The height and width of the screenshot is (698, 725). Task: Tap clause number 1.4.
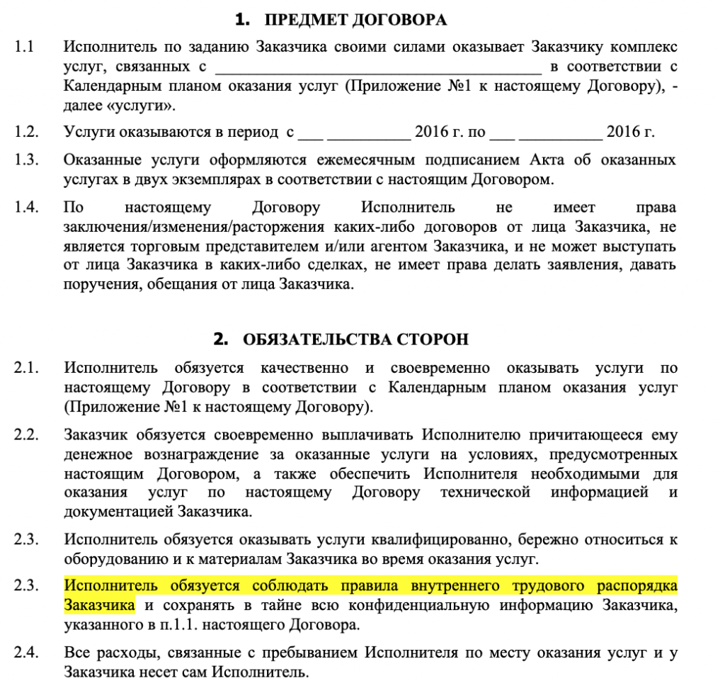[25, 208]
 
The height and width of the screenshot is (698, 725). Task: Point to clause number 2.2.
[25, 434]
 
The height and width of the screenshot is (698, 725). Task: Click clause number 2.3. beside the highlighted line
[25, 587]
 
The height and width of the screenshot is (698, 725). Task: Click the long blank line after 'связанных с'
[377, 68]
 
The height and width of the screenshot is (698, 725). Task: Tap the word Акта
[520, 159]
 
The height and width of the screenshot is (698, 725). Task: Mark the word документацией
[118, 511]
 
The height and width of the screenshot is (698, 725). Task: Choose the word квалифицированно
[434, 540]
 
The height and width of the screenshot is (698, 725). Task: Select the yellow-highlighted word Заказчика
[99, 606]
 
